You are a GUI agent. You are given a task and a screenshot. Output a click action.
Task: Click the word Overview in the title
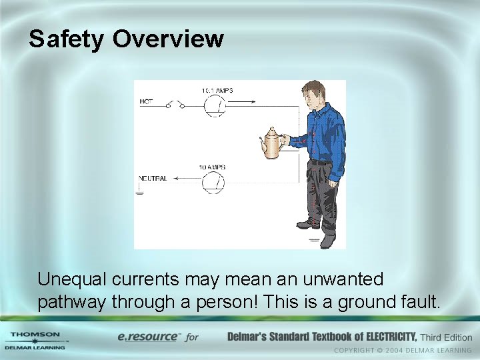coord(168,39)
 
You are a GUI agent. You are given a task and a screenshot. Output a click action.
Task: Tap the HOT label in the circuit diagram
coord(146,102)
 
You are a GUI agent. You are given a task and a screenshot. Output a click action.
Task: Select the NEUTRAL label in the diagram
coord(153,179)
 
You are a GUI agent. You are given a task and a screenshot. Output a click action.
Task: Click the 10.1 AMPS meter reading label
coord(217,90)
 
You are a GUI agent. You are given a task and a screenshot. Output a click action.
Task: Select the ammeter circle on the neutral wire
coord(213,181)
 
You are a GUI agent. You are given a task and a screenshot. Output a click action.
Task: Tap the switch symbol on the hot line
coord(177,104)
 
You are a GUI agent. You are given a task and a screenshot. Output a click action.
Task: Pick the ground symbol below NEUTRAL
coord(139,193)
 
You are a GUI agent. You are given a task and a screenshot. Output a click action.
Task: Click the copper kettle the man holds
coord(271,142)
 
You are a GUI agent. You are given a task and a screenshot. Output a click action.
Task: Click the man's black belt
coord(321,162)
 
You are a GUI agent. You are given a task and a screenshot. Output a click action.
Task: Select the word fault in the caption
coord(421,302)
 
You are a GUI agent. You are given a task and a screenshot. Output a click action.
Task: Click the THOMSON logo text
coord(35,334)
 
